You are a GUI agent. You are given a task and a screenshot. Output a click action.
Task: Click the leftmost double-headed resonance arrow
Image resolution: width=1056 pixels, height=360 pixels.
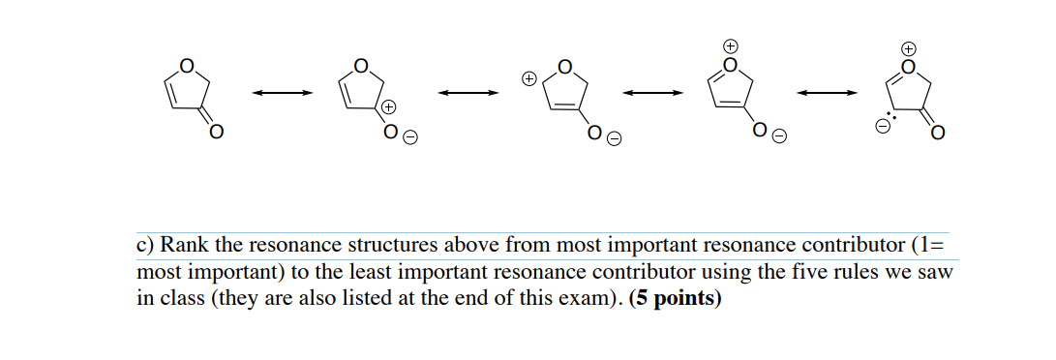tap(283, 93)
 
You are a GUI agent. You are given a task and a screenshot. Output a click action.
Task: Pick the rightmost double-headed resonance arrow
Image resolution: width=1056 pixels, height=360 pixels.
tap(827, 93)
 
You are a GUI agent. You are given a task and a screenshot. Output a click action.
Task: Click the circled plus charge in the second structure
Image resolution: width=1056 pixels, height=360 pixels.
tap(389, 106)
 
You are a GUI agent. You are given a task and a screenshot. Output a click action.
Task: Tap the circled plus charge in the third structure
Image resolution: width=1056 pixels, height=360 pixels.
tap(528, 76)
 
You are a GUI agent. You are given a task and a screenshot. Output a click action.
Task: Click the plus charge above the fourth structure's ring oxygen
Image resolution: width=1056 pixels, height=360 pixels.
tap(732, 45)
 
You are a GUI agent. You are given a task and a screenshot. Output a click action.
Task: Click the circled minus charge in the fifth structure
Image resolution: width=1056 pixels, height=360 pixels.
tap(883, 127)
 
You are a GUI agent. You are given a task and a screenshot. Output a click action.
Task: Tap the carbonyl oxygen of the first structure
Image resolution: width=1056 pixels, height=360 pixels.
tap(217, 132)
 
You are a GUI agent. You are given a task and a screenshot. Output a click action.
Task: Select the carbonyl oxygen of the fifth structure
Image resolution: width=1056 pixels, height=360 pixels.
tap(938, 132)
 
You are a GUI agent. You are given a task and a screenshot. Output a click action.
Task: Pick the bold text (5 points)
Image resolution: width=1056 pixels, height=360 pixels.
tap(675, 298)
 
